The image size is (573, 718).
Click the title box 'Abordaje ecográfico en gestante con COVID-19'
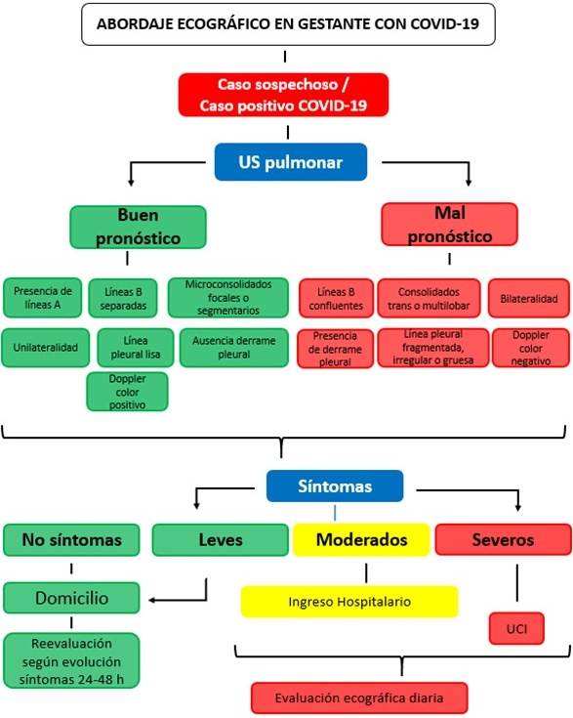click(288, 23)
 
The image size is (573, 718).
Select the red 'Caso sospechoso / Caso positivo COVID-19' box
click(283, 95)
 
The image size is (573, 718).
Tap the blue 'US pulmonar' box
click(291, 162)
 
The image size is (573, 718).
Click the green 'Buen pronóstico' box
click(139, 227)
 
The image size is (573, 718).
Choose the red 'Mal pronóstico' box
click(449, 225)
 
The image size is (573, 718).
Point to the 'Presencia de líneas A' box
click(43, 298)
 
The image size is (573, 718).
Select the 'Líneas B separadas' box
click(123, 299)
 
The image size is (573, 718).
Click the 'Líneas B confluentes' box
click(336, 299)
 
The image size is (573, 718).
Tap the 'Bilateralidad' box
click(529, 299)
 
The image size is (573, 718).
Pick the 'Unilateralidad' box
click(45, 348)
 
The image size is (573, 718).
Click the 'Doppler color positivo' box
click(127, 392)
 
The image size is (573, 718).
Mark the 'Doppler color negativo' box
click(531, 348)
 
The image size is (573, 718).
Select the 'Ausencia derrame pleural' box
click(234, 348)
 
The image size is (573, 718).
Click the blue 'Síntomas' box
click(335, 486)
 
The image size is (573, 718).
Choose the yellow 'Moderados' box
click(361, 540)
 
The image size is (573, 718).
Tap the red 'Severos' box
click(503, 539)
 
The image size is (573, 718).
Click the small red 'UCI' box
click(516, 629)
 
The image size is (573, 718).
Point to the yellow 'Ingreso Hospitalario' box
click(349, 602)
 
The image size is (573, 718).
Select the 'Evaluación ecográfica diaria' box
click(359, 697)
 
